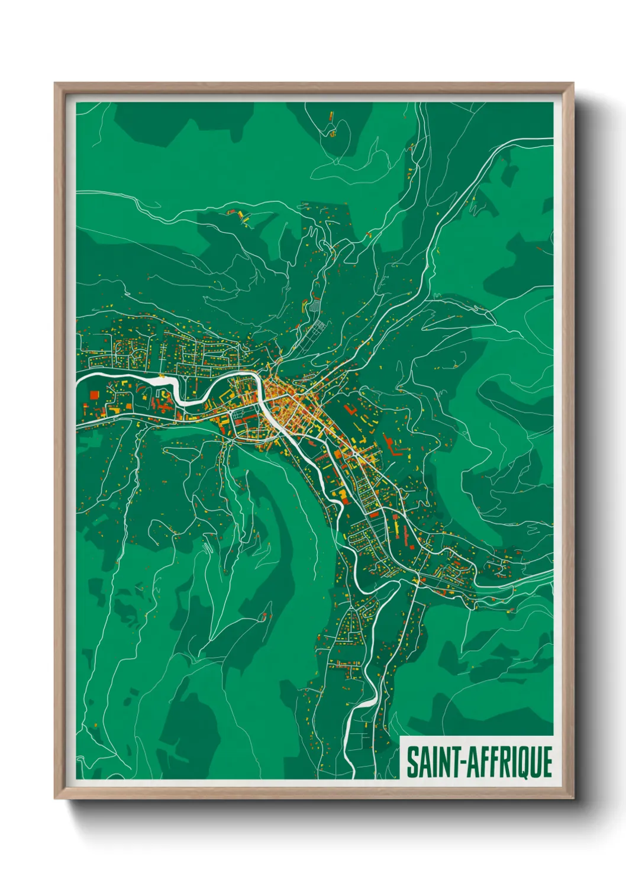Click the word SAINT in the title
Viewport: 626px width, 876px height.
pyautogui.click(x=434, y=762)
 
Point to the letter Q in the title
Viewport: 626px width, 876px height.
pyautogui.click(x=518, y=763)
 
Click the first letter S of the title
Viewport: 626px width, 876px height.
pyautogui.click(x=411, y=762)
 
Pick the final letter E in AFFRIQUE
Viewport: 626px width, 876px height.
pyautogui.click(x=547, y=762)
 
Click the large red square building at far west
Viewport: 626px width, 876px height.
pyautogui.click(x=93, y=395)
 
